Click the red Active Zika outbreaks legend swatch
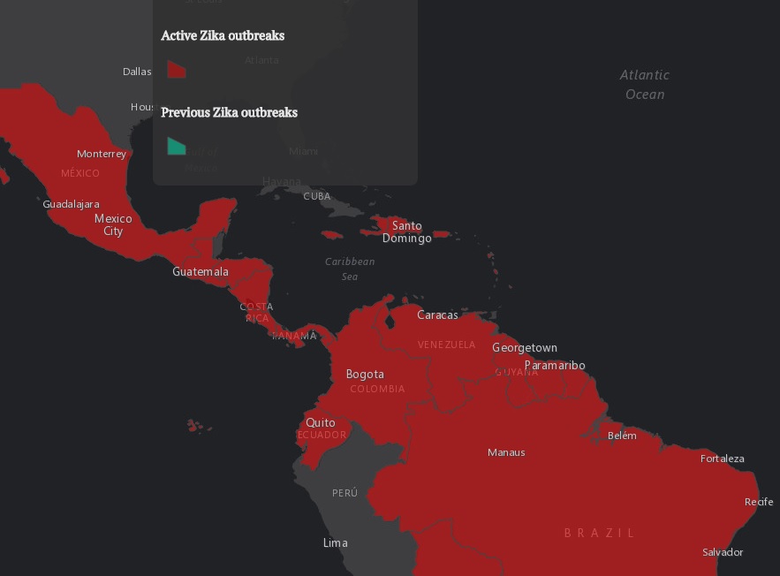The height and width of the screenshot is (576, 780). tap(177, 70)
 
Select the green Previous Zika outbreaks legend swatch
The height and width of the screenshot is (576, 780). tap(177, 146)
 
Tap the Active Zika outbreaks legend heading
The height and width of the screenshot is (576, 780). tap(223, 36)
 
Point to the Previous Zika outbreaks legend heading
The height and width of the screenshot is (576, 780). tap(229, 113)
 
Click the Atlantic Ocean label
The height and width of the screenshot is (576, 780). tap(645, 85)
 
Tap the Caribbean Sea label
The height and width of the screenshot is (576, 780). tap(350, 269)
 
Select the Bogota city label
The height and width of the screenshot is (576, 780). tap(365, 374)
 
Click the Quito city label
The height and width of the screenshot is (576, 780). tap(321, 423)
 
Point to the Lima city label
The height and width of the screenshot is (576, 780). tap(335, 542)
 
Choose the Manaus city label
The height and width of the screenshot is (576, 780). tap(506, 452)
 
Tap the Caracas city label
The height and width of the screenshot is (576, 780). tap(437, 315)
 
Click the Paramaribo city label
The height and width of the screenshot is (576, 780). tap(555, 366)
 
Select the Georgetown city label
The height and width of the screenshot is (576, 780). tap(525, 348)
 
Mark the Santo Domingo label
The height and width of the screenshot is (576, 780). tap(407, 231)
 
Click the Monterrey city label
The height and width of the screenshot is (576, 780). tap(102, 154)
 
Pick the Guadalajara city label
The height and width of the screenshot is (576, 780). tap(71, 204)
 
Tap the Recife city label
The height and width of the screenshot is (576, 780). tap(759, 502)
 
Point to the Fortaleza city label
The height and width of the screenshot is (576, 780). tap(723, 459)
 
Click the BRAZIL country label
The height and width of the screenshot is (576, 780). tap(600, 533)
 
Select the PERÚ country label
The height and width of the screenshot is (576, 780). tap(345, 493)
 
